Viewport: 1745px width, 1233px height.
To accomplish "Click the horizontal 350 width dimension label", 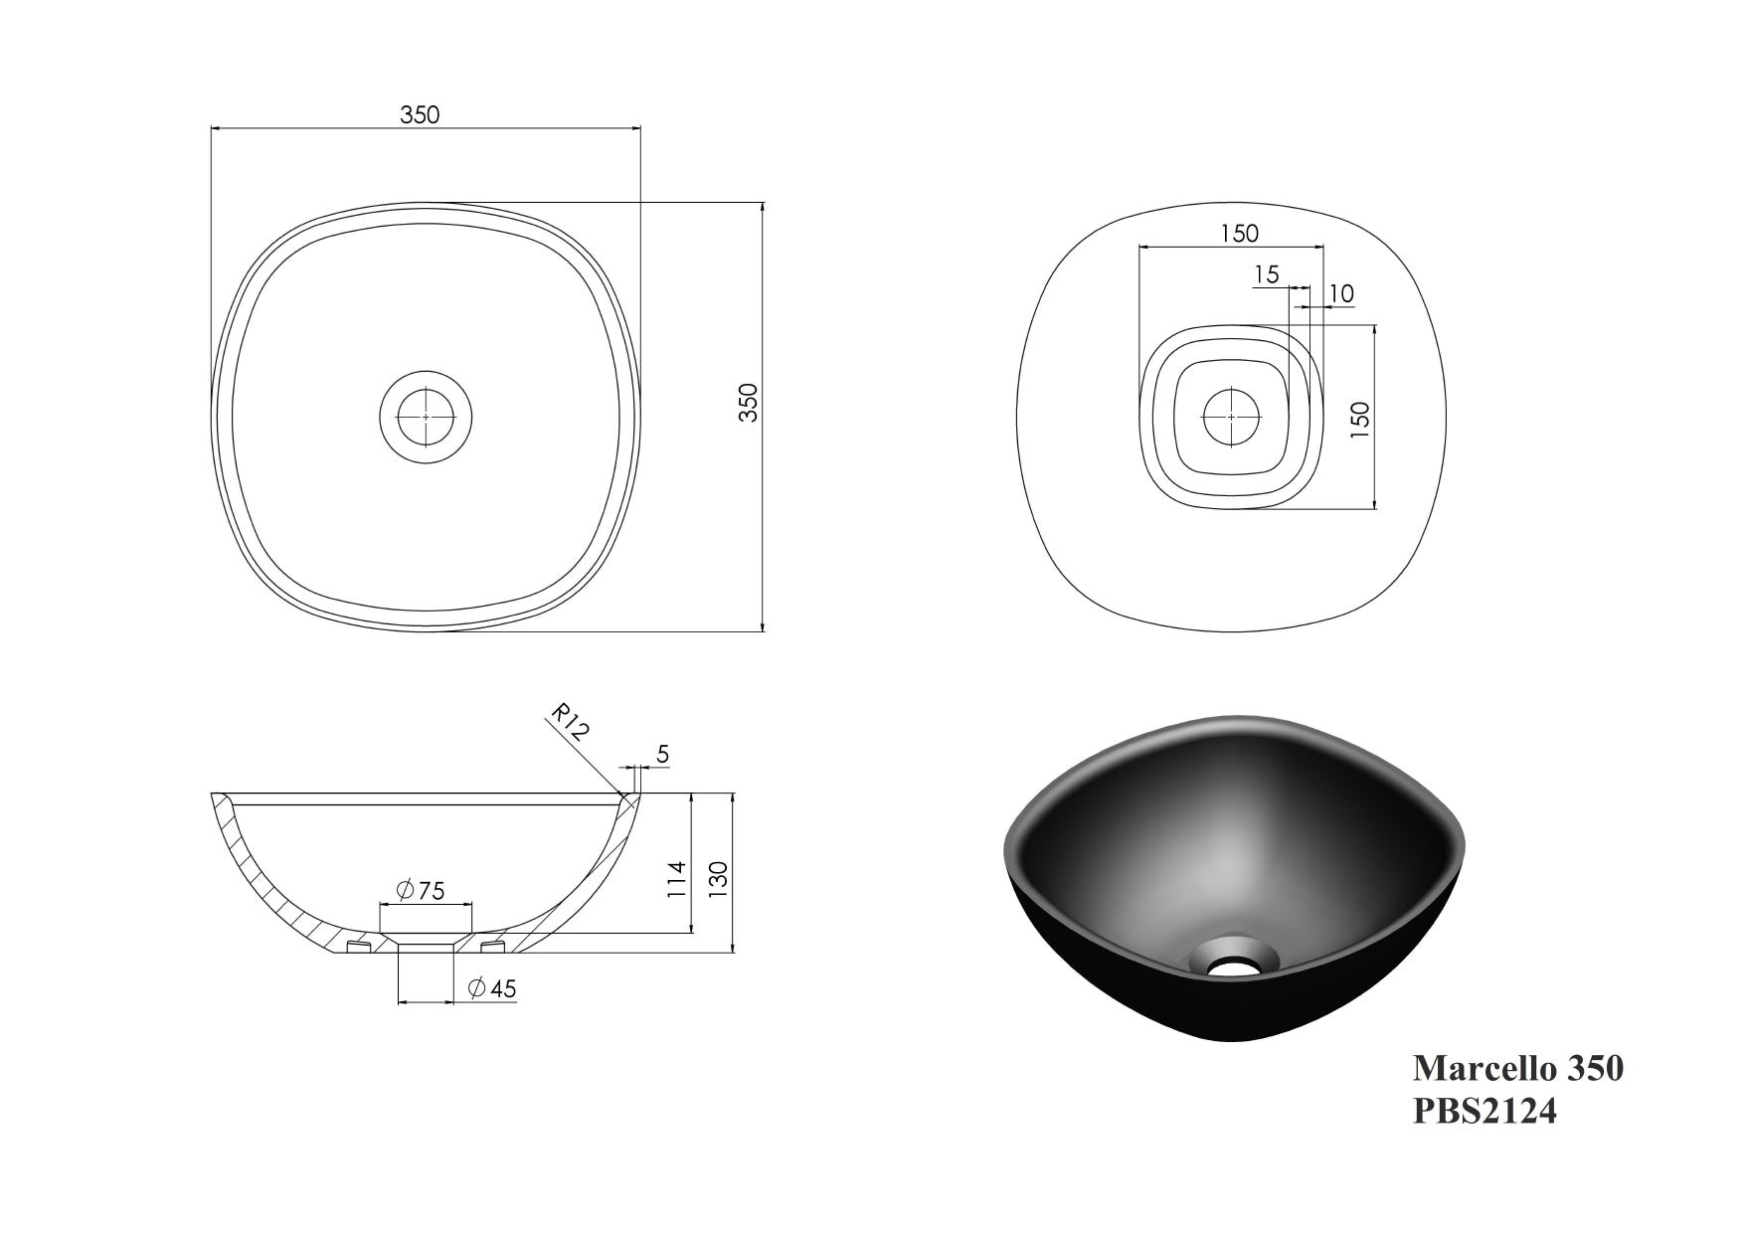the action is (x=420, y=114).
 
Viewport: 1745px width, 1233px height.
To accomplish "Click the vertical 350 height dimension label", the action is (x=749, y=403).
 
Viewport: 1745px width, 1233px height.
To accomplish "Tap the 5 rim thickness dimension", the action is (x=663, y=755).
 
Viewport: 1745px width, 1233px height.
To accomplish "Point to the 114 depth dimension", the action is (x=675, y=881).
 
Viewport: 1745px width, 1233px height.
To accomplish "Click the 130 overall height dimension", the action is (x=718, y=875).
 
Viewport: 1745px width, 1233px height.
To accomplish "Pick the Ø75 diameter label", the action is (x=421, y=890).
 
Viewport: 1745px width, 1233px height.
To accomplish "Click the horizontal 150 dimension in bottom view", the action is (x=1240, y=233).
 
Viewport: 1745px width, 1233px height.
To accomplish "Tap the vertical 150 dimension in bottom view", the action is (x=1361, y=416).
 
